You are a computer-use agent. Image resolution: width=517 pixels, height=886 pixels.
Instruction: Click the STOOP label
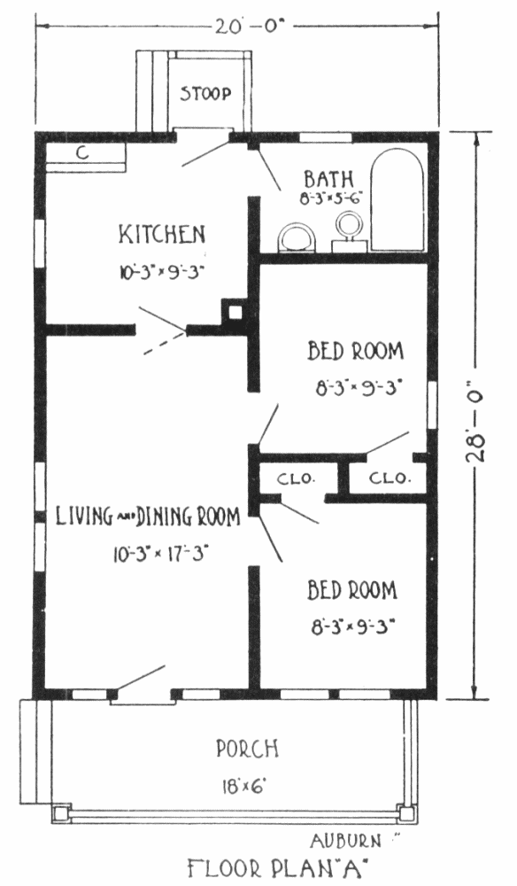[205, 93]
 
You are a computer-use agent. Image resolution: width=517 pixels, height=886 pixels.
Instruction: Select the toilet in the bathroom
[297, 237]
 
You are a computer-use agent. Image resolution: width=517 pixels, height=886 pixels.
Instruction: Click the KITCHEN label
[161, 235]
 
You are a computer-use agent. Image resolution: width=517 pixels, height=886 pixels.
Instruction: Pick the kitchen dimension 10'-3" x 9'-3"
[161, 271]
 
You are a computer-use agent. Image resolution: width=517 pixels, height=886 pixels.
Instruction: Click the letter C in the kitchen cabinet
[82, 152]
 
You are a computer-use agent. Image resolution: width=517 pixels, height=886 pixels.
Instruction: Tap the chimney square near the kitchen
[235, 312]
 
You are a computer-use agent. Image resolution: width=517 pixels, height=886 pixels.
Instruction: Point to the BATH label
[329, 179]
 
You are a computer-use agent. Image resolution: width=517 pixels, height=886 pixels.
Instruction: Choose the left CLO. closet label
[295, 479]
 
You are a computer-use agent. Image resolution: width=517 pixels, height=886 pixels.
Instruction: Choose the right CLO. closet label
[388, 478]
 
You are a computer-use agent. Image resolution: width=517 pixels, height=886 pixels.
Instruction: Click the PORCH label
[247, 749]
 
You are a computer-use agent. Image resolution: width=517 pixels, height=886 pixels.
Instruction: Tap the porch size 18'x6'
[244, 786]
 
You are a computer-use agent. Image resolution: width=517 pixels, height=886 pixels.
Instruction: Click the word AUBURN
[345, 842]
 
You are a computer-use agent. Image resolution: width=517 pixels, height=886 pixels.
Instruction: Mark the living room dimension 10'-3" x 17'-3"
[161, 555]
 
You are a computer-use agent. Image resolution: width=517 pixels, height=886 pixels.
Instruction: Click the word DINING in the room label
[165, 517]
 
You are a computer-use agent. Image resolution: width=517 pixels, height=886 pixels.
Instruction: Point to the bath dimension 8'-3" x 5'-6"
[331, 198]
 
